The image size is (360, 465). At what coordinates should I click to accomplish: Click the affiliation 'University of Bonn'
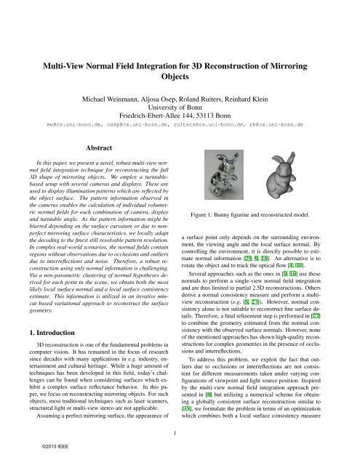180,107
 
